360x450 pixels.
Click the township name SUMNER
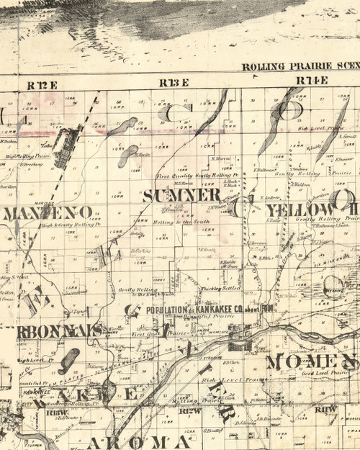(181, 195)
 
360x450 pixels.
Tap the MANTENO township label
(48, 212)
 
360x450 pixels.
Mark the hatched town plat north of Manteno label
(68, 140)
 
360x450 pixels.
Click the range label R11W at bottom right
(326, 409)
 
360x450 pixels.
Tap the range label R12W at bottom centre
(189, 410)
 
